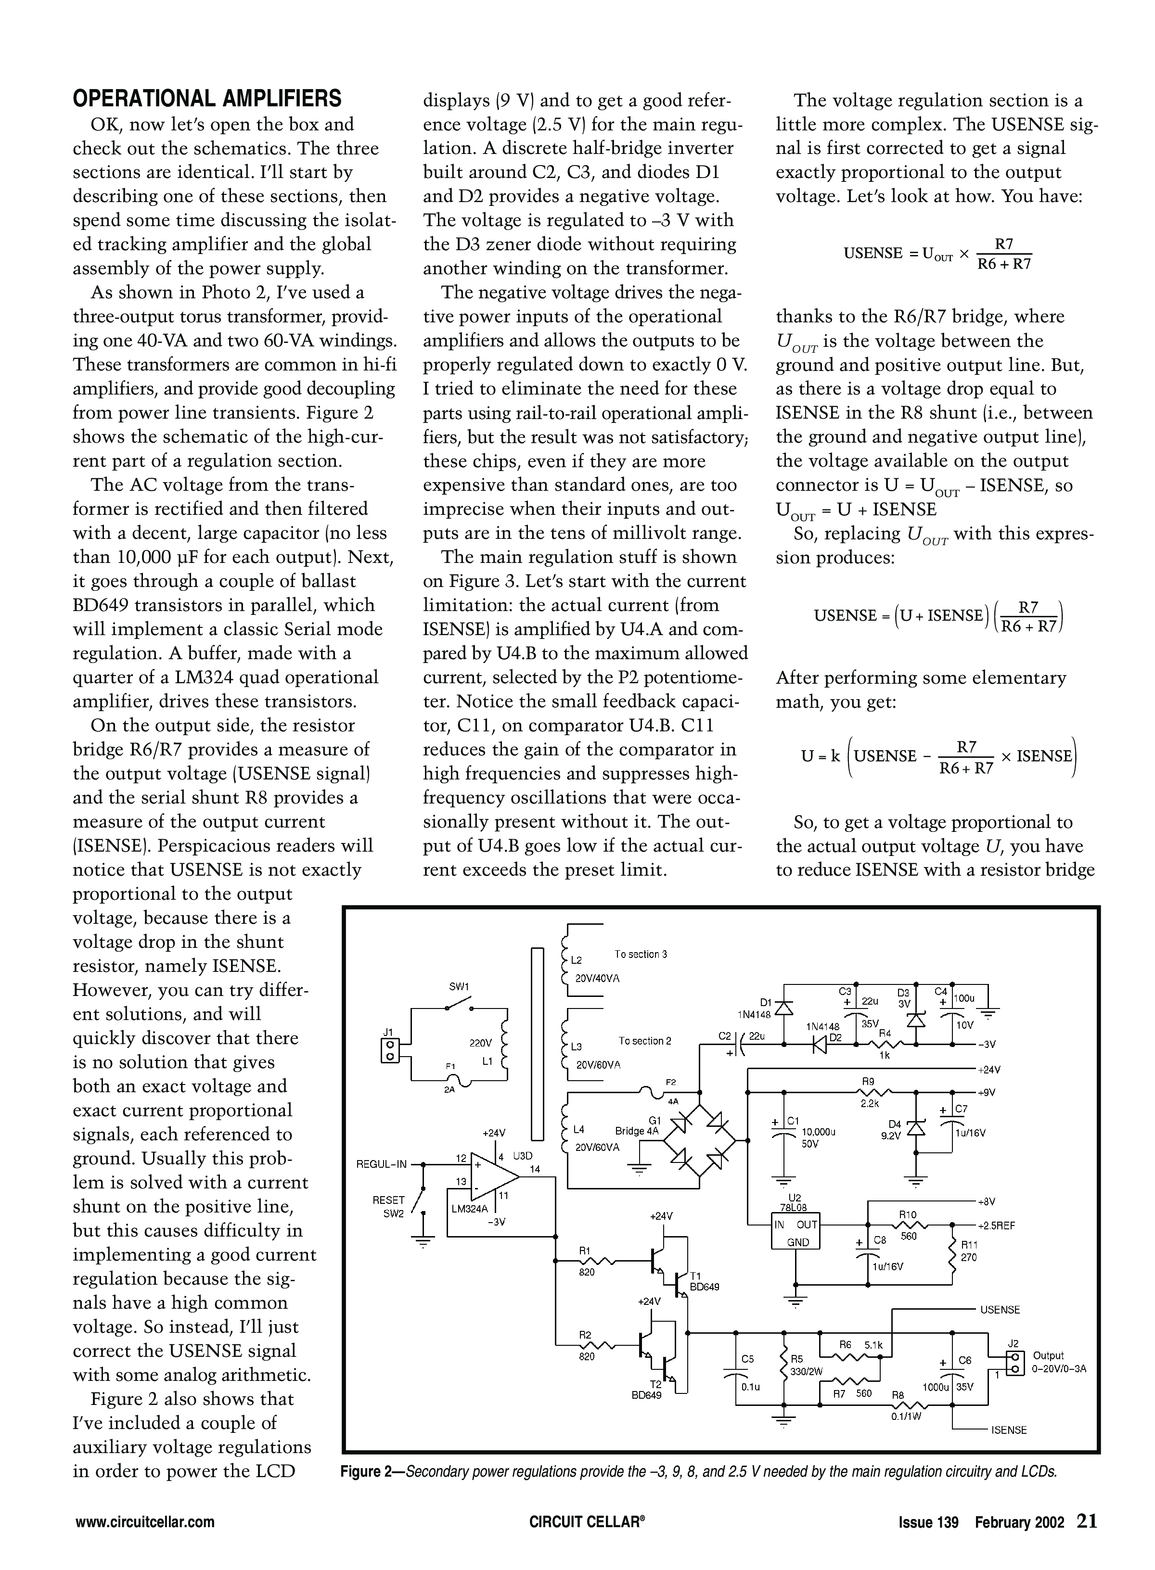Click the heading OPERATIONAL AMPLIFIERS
(207, 99)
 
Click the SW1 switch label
(458, 987)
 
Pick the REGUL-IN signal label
(381, 1164)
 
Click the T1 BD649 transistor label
(704, 1281)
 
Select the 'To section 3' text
(641, 954)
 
